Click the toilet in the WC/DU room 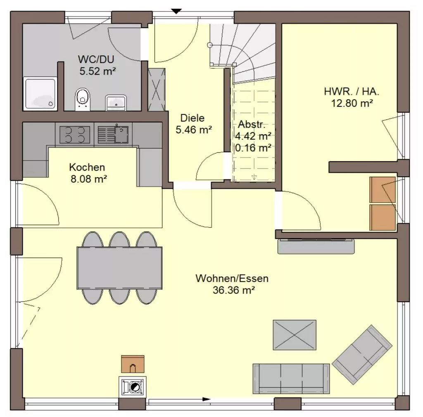[x=83, y=99]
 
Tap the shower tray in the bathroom [x=40, y=94]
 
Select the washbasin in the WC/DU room [x=116, y=102]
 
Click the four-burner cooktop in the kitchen [x=75, y=135]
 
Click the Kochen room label [x=87, y=167]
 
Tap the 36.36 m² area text [x=234, y=290]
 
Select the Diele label [x=192, y=118]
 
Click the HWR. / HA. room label [x=352, y=91]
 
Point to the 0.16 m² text [x=253, y=148]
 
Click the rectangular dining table [x=119, y=268]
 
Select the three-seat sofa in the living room [x=291, y=379]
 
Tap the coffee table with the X [x=295, y=335]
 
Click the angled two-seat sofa [x=362, y=355]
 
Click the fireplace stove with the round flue [x=133, y=387]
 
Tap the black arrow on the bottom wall [x=207, y=399]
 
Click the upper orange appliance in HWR [x=382, y=190]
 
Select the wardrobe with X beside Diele [x=157, y=90]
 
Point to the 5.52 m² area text [x=97, y=71]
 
